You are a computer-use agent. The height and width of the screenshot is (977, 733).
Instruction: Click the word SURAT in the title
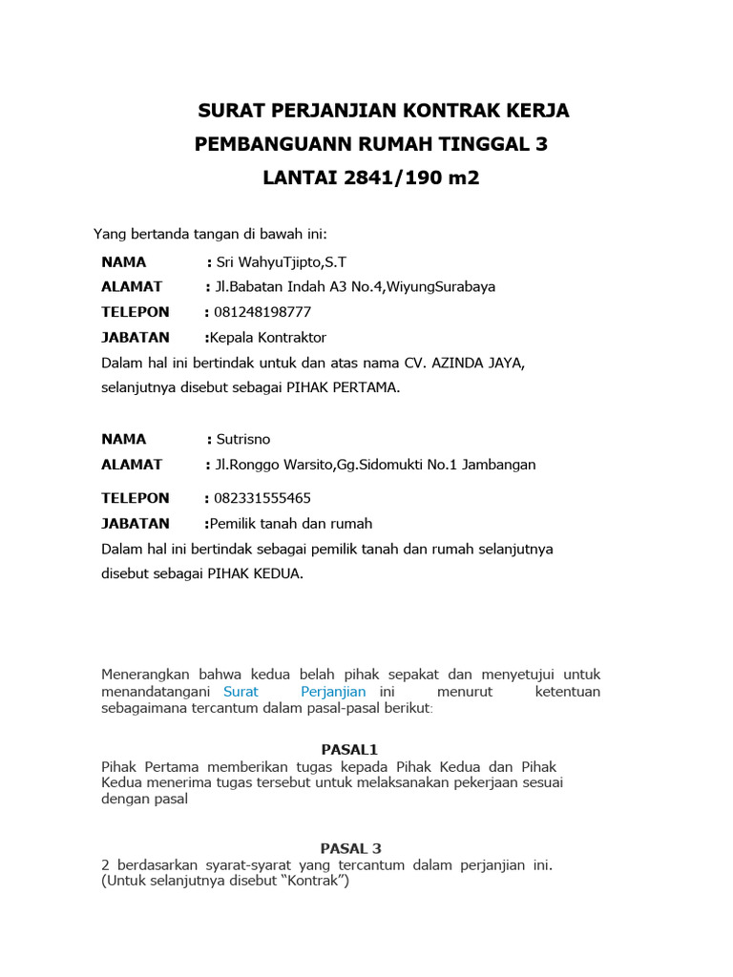[229, 111]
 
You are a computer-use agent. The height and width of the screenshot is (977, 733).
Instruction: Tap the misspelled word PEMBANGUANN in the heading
[273, 145]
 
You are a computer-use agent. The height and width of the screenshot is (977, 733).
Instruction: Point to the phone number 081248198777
[263, 312]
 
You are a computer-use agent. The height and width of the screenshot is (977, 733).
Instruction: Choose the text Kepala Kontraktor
[268, 337]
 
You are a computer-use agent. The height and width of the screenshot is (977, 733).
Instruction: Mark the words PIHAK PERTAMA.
[338, 387]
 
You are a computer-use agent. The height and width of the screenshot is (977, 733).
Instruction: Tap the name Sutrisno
[243, 439]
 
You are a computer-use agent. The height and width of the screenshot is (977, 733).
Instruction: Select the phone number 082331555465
[263, 498]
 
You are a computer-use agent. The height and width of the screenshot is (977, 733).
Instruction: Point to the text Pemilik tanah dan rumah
[291, 523]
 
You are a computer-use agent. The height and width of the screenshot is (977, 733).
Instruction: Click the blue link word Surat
[241, 691]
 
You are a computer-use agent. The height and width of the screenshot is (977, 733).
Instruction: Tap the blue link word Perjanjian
[333, 691]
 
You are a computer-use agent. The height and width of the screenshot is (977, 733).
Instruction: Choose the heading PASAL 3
[350, 847]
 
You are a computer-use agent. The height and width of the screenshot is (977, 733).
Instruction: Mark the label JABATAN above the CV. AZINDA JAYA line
[136, 337]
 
